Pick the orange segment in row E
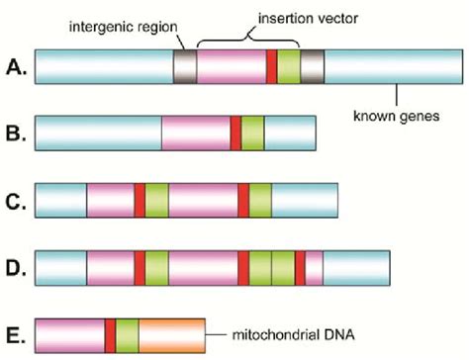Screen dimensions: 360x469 (x=171, y=334)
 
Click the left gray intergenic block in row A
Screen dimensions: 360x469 (x=185, y=65)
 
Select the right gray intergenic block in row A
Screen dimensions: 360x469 (x=312, y=65)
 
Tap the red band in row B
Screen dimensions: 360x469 (x=235, y=133)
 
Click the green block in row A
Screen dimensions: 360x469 (x=288, y=65)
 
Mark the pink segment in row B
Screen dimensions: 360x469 (x=196, y=133)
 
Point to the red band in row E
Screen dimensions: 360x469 (x=110, y=334)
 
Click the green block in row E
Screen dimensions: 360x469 (x=127, y=334)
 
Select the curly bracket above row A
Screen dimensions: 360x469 (x=247, y=37)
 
